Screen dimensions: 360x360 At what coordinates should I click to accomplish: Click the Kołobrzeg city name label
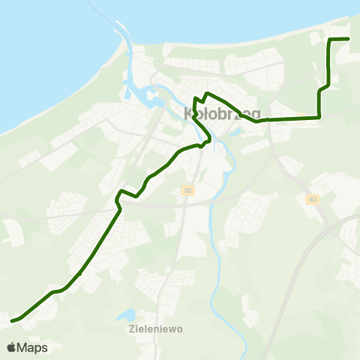point(222,114)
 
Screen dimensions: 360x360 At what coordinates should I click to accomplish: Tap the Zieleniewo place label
point(155,328)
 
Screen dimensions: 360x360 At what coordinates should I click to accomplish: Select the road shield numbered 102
point(187,191)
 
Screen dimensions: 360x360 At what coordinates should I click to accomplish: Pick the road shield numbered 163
point(312,199)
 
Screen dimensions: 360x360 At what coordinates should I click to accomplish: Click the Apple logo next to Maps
point(10,347)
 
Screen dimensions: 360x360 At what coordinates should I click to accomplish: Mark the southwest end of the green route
point(13,321)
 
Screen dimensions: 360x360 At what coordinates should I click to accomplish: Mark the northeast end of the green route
point(349,38)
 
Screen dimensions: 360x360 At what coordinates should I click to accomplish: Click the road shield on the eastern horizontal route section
point(300,116)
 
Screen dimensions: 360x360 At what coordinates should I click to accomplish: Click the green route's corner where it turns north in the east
point(320,117)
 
